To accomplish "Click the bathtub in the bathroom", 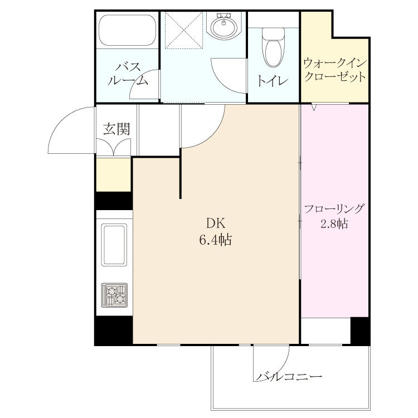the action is pyautogui.click(x=128, y=30).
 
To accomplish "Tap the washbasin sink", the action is pyautogui.click(x=224, y=26).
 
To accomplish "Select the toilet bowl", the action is pyautogui.click(x=273, y=48).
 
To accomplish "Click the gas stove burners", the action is pyautogui.click(x=114, y=295).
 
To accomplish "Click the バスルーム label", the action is pyautogui.click(x=128, y=74).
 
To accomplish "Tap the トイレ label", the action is pyautogui.click(x=273, y=81).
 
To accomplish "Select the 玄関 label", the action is pyautogui.click(x=116, y=129).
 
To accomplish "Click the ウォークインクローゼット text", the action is pyautogui.click(x=335, y=70).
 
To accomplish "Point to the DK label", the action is pyautogui.click(x=216, y=223).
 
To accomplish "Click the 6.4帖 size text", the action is pyautogui.click(x=215, y=240).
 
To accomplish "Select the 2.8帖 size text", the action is pyautogui.click(x=334, y=224).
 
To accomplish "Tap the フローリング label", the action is pyautogui.click(x=334, y=209).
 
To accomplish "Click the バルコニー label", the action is pyautogui.click(x=289, y=376).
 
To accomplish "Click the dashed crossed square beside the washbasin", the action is pyautogui.click(x=184, y=30).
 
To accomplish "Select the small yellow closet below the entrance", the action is pyautogui.click(x=114, y=174).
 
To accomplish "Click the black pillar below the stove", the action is pyautogui.click(x=114, y=330).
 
